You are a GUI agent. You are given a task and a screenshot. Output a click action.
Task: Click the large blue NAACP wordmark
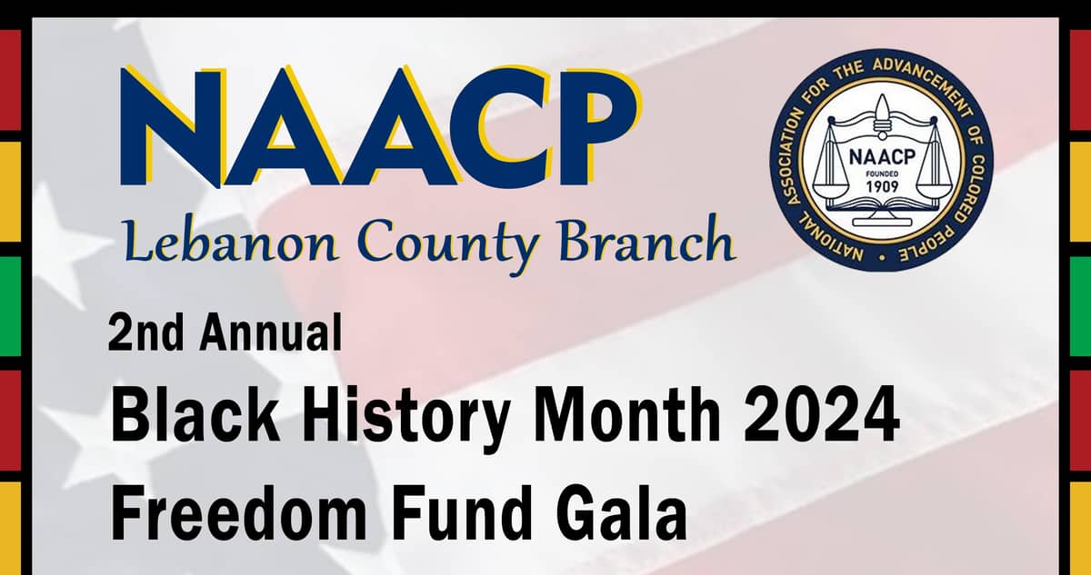click(x=381, y=126)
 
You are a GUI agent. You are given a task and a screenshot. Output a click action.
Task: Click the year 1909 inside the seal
click(x=882, y=186)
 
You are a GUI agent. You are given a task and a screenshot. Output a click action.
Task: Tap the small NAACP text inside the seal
click(x=882, y=156)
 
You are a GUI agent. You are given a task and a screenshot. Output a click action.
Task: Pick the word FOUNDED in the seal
click(x=882, y=173)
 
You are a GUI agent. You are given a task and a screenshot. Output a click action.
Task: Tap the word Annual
click(x=271, y=332)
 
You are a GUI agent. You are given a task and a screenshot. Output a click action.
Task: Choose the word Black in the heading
click(x=195, y=414)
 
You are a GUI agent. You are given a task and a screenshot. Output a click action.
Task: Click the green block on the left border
click(x=10, y=306)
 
